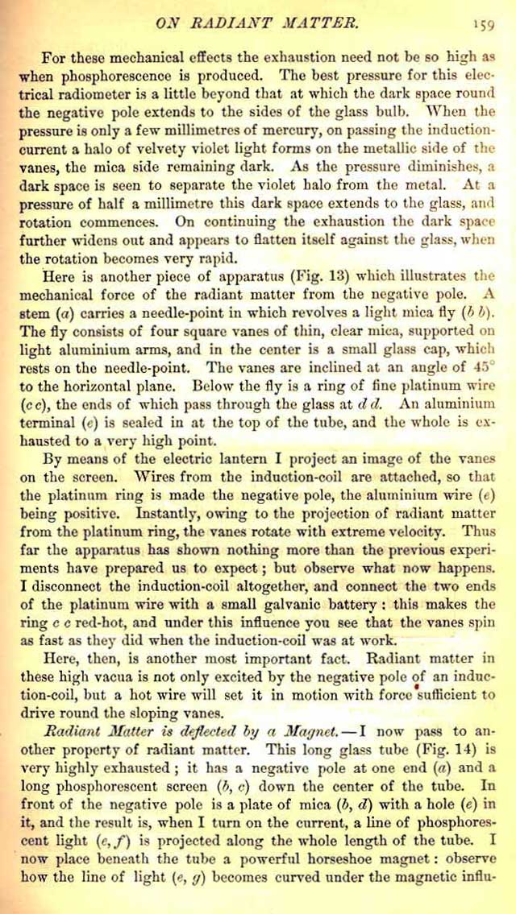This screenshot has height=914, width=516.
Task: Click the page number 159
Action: point(483,23)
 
